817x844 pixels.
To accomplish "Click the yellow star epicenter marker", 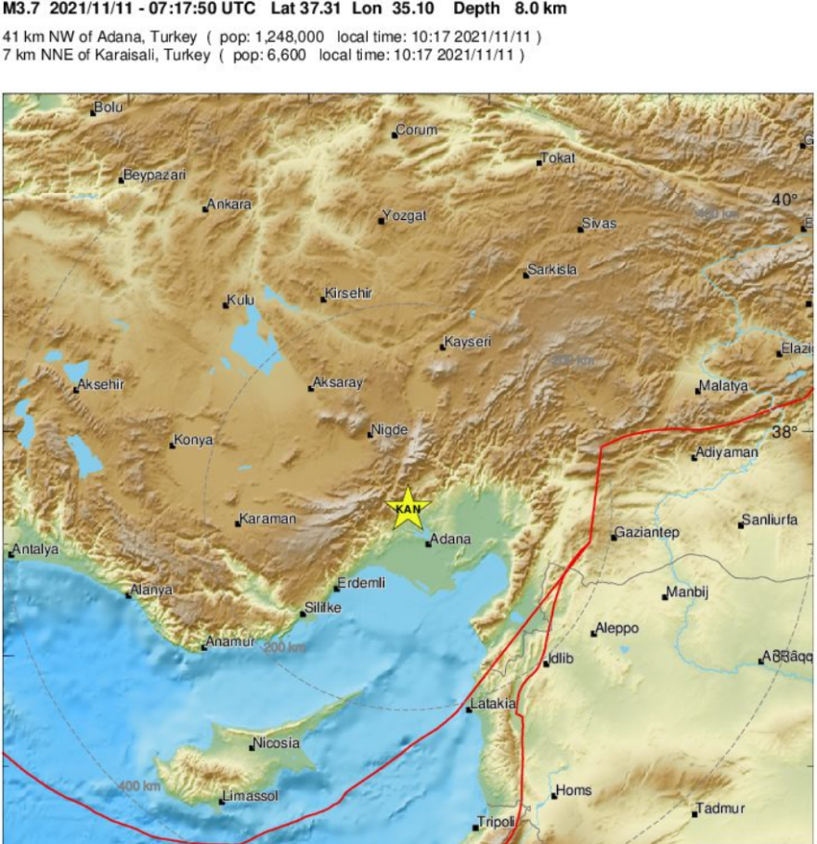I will (408, 508).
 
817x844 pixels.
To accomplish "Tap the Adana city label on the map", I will (451, 539).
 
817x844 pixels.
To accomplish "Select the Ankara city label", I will (228, 204).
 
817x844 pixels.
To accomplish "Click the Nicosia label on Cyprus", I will (277, 743).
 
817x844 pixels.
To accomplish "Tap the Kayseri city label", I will (468, 343).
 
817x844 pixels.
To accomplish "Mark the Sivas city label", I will (599, 224).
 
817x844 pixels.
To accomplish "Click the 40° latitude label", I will (785, 200).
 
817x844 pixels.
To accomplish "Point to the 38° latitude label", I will (785, 432).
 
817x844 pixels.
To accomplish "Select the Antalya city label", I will (35, 550).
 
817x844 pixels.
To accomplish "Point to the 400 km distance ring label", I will (139, 787).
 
